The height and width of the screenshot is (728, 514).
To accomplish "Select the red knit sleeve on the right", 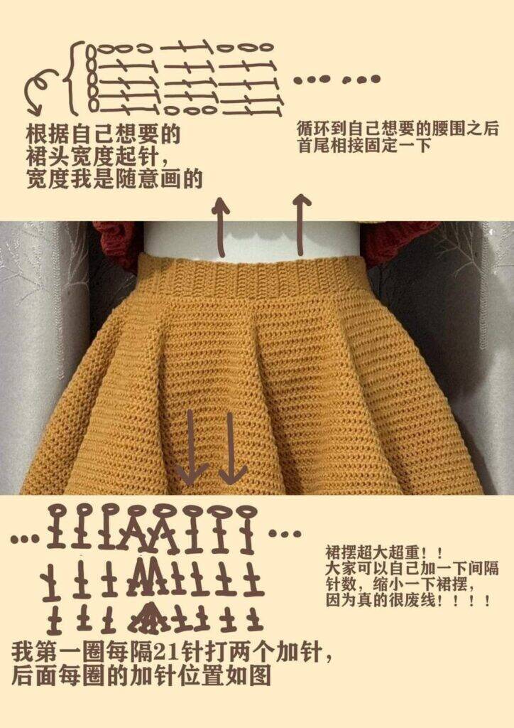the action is point(398,242).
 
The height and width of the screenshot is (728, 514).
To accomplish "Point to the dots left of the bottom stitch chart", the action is point(25,539).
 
